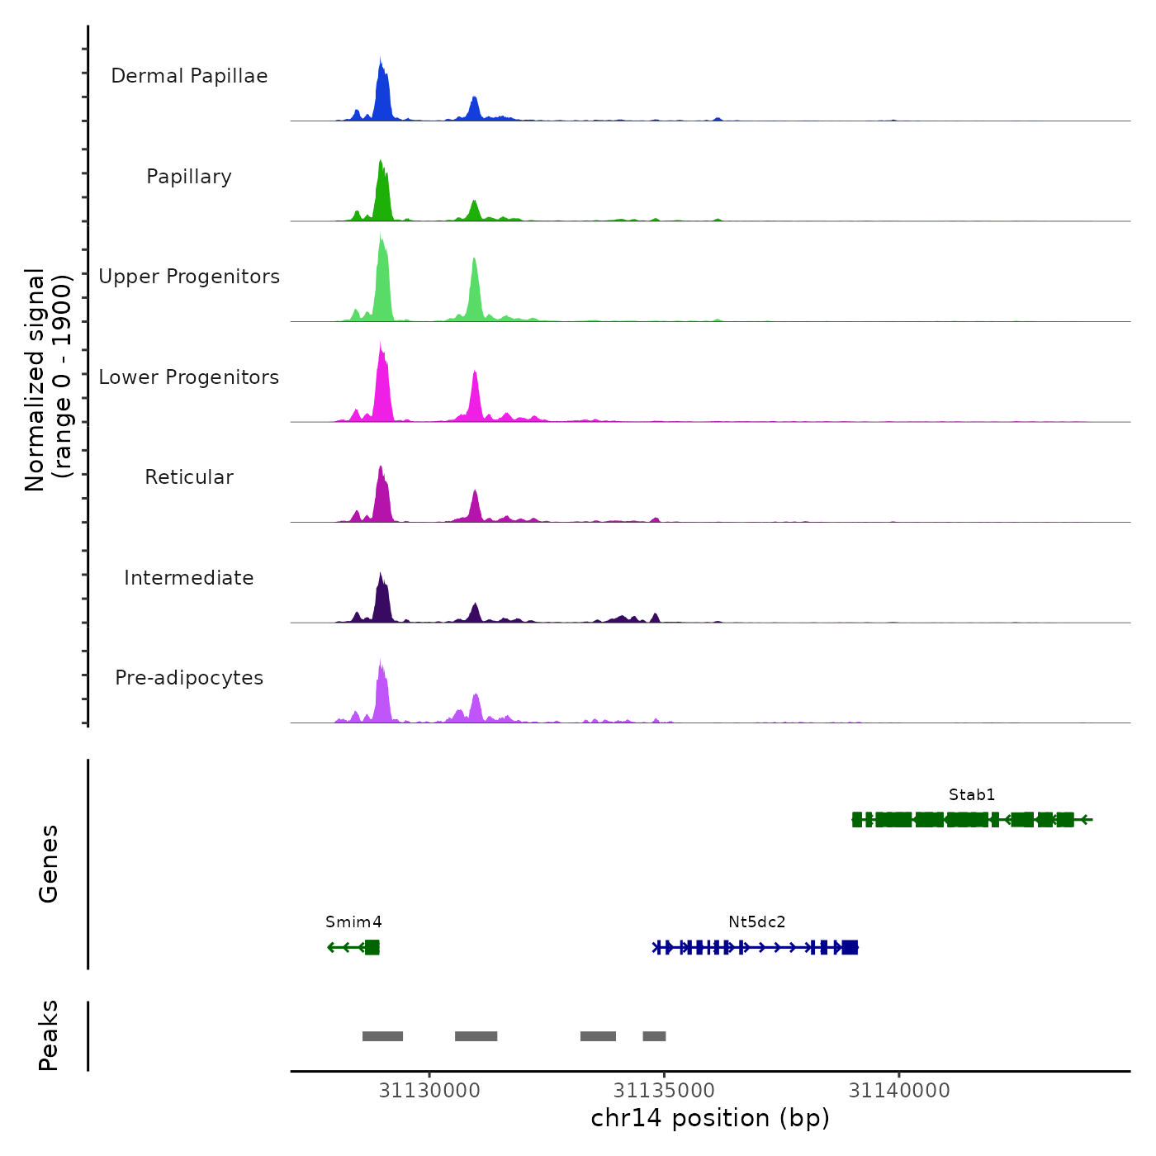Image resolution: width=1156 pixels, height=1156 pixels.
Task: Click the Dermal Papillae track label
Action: (x=189, y=76)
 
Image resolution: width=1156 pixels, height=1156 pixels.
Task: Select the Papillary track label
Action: (x=189, y=177)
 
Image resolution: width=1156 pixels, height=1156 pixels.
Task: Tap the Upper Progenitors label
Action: (x=189, y=277)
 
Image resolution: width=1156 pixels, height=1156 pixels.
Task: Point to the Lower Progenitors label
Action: (x=189, y=377)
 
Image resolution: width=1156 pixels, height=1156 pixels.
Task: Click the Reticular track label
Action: (x=189, y=477)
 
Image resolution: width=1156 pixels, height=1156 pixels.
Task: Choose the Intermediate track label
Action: (x=189, y=578)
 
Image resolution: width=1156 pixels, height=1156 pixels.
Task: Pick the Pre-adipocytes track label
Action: (x=189, y=678)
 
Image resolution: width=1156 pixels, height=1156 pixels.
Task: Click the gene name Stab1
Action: (x=972, y=795)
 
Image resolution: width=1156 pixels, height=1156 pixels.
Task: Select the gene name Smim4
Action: (x=353, y=922)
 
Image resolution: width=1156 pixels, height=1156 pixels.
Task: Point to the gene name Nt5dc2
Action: (x=756, y=922)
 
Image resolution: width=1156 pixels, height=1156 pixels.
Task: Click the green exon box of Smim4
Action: (x=372, y=947)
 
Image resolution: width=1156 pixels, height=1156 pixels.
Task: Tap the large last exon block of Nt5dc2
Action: (x=850, y=947)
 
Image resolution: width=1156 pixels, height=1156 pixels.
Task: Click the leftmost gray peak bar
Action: (x=382, y=1036)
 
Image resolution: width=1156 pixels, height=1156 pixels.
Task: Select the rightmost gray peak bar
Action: (x=654, y=1036)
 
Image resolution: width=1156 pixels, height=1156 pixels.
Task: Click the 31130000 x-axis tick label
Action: (x=429, y=1091)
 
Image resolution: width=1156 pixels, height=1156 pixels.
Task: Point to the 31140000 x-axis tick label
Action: (x=899, y=1091)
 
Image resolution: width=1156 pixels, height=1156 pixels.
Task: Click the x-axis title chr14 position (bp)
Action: (x=710, y=1118)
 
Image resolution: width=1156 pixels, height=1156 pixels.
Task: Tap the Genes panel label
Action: (x=49, y=864)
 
